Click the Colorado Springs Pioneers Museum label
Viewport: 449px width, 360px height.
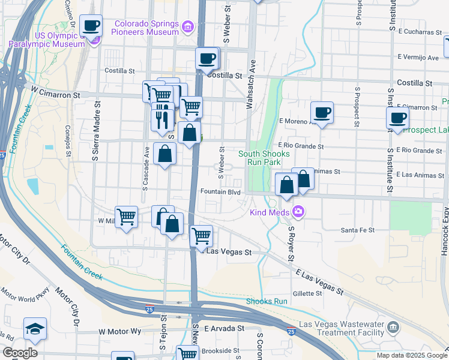(x=146, y=28)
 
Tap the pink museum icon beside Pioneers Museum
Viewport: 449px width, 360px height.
(x=188, y=26)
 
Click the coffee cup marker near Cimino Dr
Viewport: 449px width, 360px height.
(x=91, y=26)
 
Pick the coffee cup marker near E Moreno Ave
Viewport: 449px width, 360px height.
(x=322, y=113)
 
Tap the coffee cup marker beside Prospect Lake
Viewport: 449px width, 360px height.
(x=397, y=118)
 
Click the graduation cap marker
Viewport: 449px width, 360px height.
(x=34, y=329)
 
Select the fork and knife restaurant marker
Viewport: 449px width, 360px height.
(x=162, y=120)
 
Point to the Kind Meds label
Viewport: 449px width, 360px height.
(x=270, y=212)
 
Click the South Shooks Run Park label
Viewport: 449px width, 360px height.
(x=264, y=158)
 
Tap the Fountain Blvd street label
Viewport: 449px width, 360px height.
(x=221, y=192)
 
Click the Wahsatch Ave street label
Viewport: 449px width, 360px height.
(x=251, y=84)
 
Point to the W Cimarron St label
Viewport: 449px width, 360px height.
(x=55, y=95)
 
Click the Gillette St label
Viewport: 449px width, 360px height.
(x=307, y=293)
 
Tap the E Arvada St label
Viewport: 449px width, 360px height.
(x=224, y=329)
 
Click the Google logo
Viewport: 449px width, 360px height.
(x=19, y=353)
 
